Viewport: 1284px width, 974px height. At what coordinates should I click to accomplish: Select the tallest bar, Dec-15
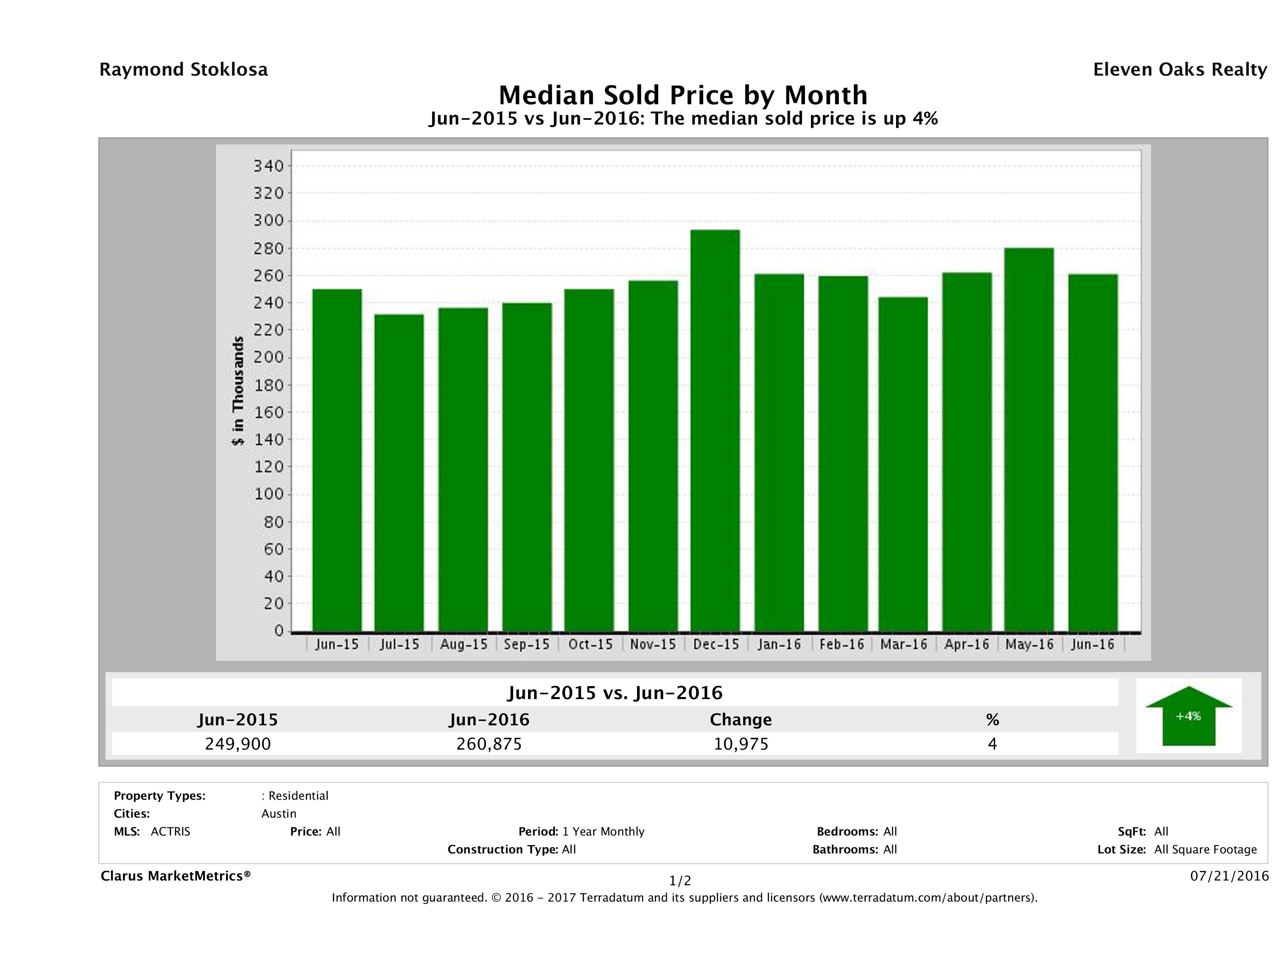pos(715,430)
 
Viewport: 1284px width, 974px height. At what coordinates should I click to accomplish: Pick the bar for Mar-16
pos(903,464)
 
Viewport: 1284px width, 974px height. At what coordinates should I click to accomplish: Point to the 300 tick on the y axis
pos(268,220)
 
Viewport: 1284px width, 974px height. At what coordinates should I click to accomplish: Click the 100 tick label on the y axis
pos(268,494)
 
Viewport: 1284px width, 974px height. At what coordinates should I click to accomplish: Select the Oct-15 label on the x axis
pos(590,644)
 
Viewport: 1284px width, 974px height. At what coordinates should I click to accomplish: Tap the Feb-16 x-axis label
pos(842,644)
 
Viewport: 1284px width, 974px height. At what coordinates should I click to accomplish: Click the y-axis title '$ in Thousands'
pos(238,391)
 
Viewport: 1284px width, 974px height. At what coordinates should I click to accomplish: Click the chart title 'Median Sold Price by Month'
pos(683,95)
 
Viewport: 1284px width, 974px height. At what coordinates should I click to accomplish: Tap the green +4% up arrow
pos(1188,716)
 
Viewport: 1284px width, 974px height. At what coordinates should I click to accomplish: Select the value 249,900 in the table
pos(238,744)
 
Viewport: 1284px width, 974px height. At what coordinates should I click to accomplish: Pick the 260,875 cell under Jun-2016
pos(489,744)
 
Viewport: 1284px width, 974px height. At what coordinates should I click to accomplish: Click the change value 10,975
pos(741,744)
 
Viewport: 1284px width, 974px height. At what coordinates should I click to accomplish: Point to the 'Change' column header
pos(741,720)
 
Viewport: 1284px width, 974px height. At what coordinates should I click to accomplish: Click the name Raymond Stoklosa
pos(183,70)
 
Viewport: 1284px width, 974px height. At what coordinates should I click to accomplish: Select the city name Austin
pos(279,814)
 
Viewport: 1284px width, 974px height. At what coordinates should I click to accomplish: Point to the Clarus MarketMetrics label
pos(175,876)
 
